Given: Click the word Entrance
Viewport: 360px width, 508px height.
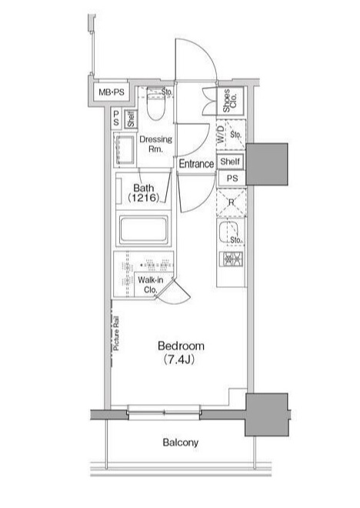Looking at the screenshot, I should (x=196, y=164).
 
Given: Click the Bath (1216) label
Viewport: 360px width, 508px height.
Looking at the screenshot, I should (x=144, y=192).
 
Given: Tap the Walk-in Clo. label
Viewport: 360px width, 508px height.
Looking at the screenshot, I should (x=149, y=286).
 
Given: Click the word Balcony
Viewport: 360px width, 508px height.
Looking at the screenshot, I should (x=181, y=443).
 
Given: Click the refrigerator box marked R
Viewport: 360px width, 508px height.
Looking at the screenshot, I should (x=231, y=203).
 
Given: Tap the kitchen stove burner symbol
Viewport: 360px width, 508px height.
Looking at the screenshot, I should (x=232, y=260).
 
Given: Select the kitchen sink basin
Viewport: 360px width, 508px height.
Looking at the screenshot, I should (x=228, y=234).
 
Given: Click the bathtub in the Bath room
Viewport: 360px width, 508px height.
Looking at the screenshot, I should (x=145, y=229).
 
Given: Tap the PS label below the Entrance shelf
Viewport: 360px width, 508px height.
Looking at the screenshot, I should (x=231, y=178).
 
